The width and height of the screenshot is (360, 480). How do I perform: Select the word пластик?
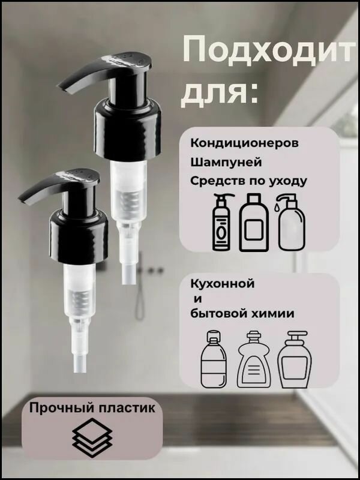pyautogui.click(x=127, y=409)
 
